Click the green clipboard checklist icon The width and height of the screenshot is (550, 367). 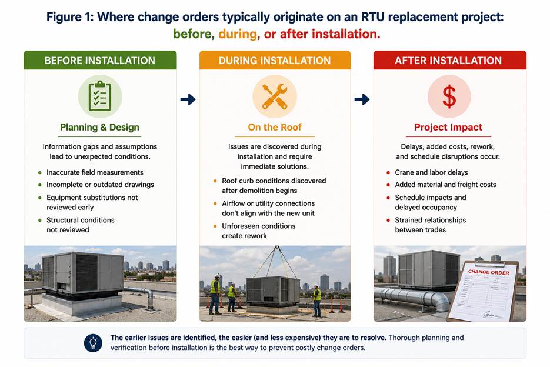coord(100,96)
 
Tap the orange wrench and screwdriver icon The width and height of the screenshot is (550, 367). coord(275,96)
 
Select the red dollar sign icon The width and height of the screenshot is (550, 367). coord(449,96)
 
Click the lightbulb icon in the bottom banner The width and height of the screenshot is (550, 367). coord(93,343)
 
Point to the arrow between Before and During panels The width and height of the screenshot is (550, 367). coord(188,99)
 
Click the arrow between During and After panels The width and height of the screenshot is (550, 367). coord(362,99)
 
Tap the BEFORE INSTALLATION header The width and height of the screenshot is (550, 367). coord(100,61)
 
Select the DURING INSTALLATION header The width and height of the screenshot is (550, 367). coord(275,61)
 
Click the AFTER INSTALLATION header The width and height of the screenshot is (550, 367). coord(449,61)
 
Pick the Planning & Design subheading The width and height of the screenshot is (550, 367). coord(99,127)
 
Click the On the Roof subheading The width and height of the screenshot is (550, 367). coord(275,127)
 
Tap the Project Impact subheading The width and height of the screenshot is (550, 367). coord(448,127)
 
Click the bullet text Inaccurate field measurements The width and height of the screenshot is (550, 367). coord(95,172)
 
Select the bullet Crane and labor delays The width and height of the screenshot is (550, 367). coord(431,172)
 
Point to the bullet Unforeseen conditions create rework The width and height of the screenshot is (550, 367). coord(258,231)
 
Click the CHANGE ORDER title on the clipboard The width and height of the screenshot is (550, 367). coord(489,272)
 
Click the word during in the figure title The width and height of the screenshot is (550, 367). coord(238,34)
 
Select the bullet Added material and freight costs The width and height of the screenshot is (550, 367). coord(445,185)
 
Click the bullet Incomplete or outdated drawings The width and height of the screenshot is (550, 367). coord(101,185)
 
